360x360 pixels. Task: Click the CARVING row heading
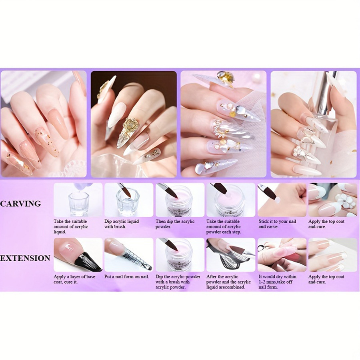(21, 204)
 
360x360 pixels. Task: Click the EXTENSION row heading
(25, 258)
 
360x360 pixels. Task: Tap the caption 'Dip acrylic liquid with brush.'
(122, 224)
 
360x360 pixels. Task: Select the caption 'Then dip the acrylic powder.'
(175, 224)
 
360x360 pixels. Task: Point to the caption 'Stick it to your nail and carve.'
(277, 224)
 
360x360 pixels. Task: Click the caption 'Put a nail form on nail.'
(126, 277)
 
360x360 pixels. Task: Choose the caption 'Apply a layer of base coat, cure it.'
(74, 279)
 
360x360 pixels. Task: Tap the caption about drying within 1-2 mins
(277, 282)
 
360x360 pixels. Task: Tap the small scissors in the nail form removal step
(261, 248)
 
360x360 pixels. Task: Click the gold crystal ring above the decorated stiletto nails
(226, 78)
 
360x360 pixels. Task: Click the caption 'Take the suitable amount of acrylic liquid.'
(71, 227)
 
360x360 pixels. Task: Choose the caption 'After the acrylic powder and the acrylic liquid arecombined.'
(228, 282)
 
